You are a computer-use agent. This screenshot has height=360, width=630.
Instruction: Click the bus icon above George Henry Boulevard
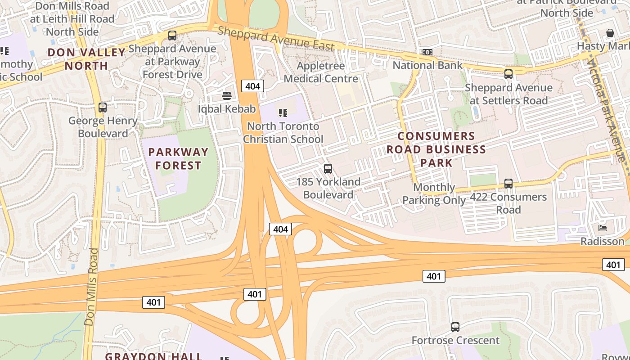point(103,108)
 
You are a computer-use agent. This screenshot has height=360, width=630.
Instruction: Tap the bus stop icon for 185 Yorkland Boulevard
point(328,169)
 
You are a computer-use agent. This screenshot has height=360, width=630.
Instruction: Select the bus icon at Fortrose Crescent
point(455,327)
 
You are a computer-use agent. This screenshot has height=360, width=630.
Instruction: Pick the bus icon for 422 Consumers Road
point(508,184)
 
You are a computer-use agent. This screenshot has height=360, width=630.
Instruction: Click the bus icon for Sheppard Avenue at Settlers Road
point(508,74)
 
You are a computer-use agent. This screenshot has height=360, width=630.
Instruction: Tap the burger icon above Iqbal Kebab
point(227,95)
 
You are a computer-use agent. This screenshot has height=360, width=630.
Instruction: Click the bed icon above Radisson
point(603,228)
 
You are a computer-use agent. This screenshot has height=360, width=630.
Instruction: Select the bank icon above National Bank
point(427,52)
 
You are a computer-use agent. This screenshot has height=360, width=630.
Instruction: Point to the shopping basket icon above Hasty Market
point(610,33)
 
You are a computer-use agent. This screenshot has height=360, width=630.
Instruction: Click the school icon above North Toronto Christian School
point(283,112)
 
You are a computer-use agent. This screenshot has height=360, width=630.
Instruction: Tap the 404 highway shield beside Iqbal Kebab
point(252,86)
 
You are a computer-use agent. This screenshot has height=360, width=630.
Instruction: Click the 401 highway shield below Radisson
point(613,265)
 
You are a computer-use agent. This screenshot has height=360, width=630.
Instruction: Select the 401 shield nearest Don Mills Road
point(153,302)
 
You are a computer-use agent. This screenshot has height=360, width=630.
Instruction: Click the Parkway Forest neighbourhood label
point(178,159)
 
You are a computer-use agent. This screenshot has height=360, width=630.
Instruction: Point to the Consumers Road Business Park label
point(436,149)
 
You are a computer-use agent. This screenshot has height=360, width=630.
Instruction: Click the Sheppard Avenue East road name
point(276,38)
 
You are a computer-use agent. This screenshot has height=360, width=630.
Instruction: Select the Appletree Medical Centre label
point(321,72)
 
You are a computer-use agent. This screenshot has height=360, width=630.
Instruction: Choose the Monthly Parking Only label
point(434,193)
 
